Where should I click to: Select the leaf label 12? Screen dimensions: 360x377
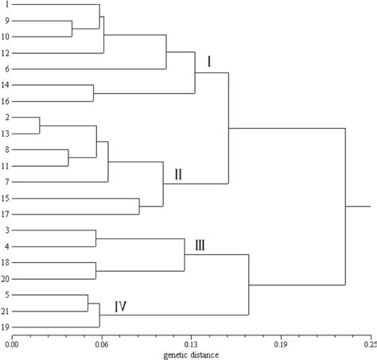(6, 53)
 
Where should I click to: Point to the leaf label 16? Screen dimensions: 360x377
(6, 101)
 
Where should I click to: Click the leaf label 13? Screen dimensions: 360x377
(6, 134)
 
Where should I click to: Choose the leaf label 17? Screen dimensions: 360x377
(6, 214)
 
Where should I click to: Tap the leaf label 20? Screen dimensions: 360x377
(6, 278)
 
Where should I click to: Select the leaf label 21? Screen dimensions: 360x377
(6, 311)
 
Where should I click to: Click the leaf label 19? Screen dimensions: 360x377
(6, 327)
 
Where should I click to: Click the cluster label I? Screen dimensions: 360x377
(209, 61)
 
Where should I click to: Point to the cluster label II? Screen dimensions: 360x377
(178, 174)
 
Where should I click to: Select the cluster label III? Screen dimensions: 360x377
(200, 246)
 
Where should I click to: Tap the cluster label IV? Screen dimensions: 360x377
(121, 306)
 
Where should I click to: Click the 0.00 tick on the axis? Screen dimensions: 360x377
(12, 343)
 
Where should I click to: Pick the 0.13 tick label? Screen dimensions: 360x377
(191, 343)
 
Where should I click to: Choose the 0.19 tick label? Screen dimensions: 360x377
(281, 343)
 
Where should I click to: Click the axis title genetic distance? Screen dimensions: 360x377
(191, 353)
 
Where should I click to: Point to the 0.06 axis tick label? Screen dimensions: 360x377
(101, 343)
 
